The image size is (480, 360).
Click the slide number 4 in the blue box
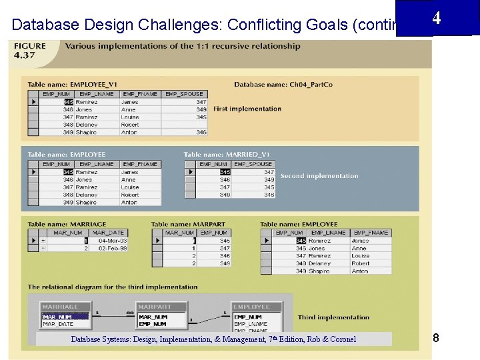[436, 18]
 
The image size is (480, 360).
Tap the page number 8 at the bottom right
[435, 339]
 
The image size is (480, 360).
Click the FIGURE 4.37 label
[31, 50]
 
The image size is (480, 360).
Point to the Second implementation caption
[319, 176]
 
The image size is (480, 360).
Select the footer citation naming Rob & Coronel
[213, 339]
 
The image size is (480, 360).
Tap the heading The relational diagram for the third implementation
[113, 287]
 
